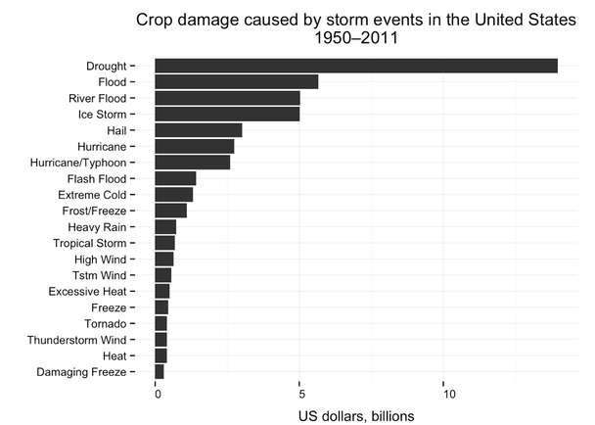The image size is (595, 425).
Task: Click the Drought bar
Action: tap(356, 66)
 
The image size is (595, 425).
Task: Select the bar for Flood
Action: tap(236, 82)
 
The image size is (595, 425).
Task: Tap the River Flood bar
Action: tap(227, 98)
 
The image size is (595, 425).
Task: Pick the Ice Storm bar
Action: tap(227, 114)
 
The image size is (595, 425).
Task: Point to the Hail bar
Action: tap(198, 130)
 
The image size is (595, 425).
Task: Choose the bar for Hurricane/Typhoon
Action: tap(192, 163)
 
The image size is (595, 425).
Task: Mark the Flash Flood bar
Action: tap(175, 178)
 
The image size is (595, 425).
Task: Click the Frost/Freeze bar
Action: tap(170, 211)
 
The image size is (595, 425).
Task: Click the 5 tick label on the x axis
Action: tap(299, 394)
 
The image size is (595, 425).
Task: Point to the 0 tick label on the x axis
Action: tap(158, 394)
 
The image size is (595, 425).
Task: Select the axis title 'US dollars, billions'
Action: tap(356, 415)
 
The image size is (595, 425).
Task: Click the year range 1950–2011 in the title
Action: tap(356, 39)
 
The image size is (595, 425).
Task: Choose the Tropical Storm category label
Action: tap(93, 243)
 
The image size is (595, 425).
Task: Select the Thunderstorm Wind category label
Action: tap(82, 340)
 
